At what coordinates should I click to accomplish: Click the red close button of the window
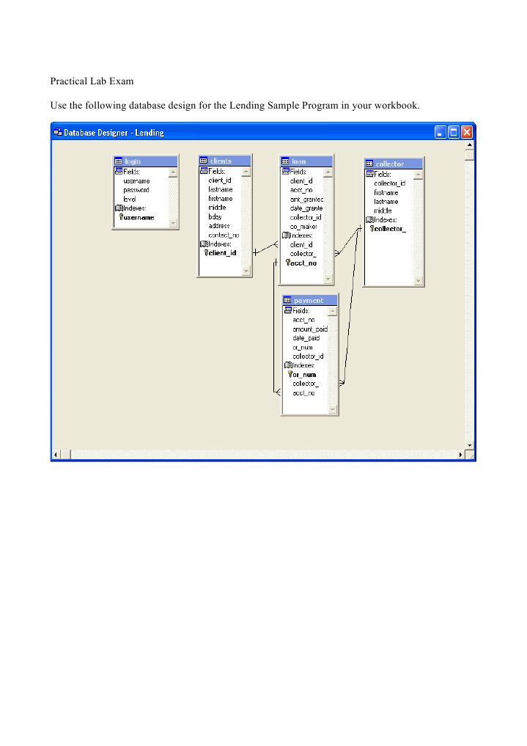(x=467, y=132)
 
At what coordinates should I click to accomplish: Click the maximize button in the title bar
(x=454, y=132)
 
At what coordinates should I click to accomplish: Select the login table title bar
(x=145, y=161)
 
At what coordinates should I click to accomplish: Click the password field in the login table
(x=136, y=189)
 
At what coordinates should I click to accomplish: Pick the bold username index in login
(x=139, y=217)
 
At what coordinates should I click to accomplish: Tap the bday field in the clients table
(x=215, y=217)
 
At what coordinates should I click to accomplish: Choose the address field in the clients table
(x=219, y=226)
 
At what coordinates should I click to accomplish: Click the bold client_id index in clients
(x=222, y=253)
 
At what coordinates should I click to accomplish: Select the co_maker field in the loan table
(x=303, y=227)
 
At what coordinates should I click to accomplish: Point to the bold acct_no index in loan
(x=303, y=263)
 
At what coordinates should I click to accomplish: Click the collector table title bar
(x=394, y=164)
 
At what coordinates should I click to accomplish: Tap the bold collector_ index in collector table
(x=390, y=229)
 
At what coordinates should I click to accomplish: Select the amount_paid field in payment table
(x=309, y=329)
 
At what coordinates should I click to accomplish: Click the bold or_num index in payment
(x=304, y=375)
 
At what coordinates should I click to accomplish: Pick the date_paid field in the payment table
(x=306, y=338)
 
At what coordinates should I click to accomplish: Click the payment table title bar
(x=311, y=300)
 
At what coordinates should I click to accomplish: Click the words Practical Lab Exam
(x=92, y=81)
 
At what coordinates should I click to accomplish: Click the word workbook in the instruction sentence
(x=395, y=106)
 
